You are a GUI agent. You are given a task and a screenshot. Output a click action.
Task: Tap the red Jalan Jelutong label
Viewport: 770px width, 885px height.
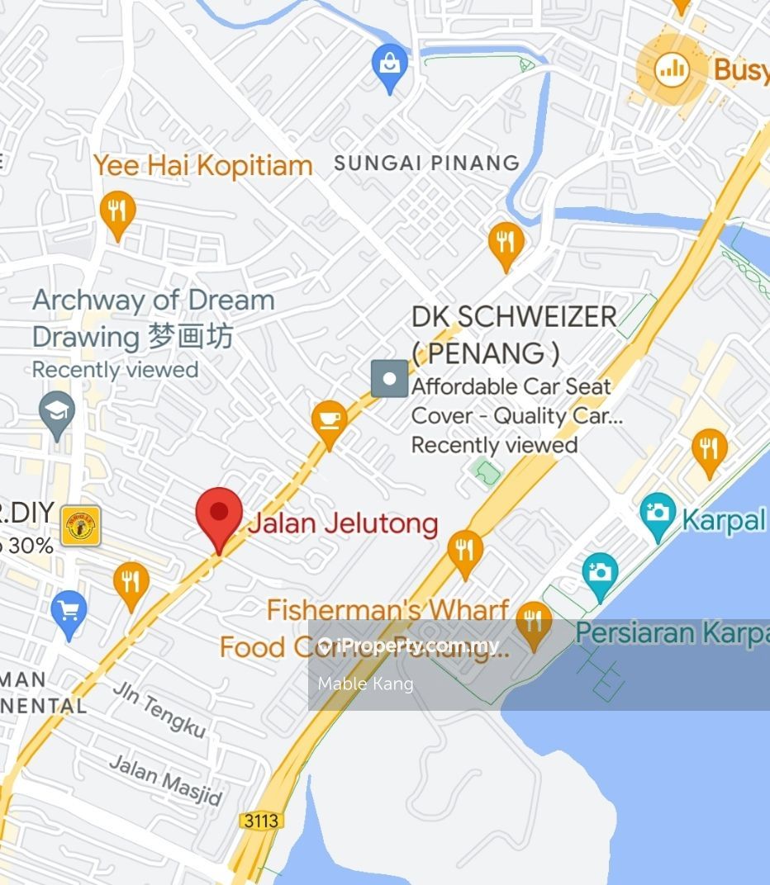coord(343,523)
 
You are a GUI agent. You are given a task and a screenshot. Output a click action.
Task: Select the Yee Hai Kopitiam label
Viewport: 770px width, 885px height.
coord(202,165)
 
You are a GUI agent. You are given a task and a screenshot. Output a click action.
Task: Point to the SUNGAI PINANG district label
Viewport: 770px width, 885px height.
coord(426,163)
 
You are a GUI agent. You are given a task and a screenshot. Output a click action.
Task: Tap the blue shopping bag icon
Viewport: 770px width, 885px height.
coord(388,64)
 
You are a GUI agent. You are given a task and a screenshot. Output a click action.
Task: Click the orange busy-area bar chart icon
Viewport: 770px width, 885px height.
coord(673,69)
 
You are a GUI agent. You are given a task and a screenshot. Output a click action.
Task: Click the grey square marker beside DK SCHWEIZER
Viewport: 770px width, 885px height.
coord(389,379)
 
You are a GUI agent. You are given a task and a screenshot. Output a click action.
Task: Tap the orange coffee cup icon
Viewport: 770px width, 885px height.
coord(330,419)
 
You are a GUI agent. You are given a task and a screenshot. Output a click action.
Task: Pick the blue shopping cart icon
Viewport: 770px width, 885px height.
coord(69,611)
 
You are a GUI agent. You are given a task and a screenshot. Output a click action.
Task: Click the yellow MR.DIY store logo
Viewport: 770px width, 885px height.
coord(80,526)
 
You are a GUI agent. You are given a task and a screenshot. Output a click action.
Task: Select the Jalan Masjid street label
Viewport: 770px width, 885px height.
coord(166,779)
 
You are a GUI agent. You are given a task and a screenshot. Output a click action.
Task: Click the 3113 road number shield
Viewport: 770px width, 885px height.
coord(262,821)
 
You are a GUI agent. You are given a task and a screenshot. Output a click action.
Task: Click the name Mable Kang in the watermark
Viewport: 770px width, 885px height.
coord(365,684)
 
